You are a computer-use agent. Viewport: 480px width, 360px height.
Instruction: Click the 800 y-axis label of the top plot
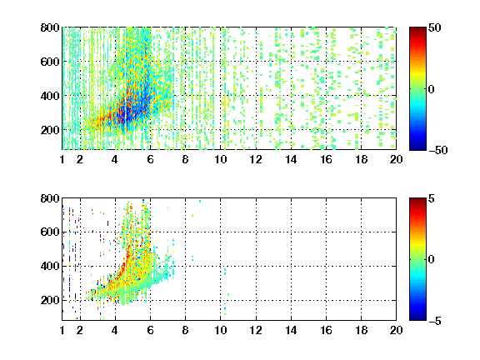(x=50, y=27)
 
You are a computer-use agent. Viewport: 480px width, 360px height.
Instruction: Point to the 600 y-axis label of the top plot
(x=50, y=62)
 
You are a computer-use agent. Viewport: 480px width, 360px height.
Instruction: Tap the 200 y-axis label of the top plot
(x=50, y=130)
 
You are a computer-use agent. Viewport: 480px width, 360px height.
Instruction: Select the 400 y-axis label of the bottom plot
(x=50, y=266)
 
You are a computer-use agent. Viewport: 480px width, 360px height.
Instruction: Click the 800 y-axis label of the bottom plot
(x=50, y=198)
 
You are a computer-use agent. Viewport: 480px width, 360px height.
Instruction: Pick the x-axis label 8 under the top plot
(x=185, y=159)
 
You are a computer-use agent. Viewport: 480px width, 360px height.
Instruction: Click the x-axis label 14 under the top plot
(x=291, y=159)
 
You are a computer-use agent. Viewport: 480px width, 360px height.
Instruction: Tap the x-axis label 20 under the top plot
(x=396, y=159)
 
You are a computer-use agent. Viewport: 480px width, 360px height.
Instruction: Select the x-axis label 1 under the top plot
(x=62, y=159)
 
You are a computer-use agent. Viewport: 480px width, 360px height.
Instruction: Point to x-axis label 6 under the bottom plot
(x=150, y=330)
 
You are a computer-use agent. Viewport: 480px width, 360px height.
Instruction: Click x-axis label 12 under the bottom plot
(x=256, y=330)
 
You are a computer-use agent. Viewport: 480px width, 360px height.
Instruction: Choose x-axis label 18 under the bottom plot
(x=361, y=330)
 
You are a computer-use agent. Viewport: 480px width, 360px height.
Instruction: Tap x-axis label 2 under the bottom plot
(x=80, y=330)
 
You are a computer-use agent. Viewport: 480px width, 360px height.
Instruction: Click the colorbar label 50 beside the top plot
(x=434, y=28)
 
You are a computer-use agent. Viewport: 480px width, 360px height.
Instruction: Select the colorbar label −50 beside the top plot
(x=438, y=150)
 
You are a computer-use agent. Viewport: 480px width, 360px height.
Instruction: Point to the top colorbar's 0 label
(x=431, y=89)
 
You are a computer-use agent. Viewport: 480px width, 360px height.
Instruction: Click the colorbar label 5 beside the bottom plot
(x=432, y=198)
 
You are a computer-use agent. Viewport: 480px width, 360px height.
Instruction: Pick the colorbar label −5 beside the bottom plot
(x=435, y=321)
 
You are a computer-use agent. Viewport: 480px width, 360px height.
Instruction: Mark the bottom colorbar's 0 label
(x=431, y=260)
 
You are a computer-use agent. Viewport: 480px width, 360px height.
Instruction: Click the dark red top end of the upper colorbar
(x=417, y=28)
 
